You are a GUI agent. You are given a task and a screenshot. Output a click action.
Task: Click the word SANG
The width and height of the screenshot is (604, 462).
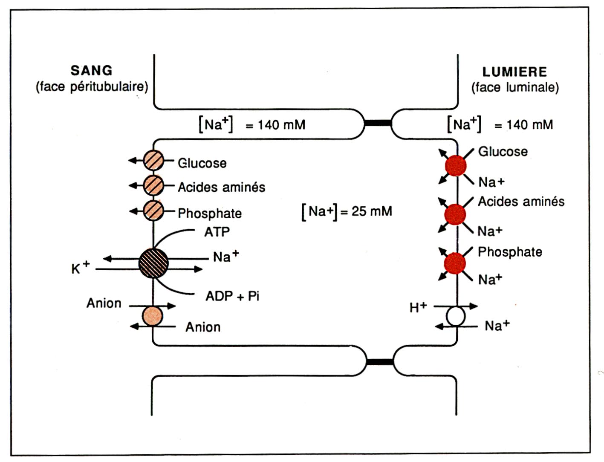[91, 70]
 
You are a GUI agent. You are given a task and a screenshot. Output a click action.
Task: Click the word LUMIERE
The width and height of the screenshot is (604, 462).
[514, 72]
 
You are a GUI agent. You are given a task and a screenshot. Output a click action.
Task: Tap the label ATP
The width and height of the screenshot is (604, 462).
[217, 232]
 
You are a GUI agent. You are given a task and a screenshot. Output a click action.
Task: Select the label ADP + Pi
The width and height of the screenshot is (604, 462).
[232, 296]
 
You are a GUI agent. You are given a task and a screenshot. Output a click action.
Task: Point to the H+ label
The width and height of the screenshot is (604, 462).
[418, 307]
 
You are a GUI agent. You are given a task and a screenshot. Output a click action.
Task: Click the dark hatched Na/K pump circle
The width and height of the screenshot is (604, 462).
[153, 263]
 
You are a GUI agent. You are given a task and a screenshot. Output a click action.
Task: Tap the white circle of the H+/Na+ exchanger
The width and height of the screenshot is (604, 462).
[456, 317]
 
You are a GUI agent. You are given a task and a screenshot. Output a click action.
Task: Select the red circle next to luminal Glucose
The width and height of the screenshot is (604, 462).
[456, 166]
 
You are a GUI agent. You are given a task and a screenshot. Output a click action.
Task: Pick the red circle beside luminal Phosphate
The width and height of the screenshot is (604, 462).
[455, 263]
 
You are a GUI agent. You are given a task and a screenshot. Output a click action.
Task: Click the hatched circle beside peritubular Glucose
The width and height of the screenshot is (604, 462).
[153, 161]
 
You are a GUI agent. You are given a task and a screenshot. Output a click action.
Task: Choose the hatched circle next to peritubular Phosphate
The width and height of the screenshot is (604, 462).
[153, 211]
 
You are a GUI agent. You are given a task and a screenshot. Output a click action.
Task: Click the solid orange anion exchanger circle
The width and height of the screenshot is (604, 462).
[152, 316]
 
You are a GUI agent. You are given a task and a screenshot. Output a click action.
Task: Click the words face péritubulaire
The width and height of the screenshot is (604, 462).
[92, 87]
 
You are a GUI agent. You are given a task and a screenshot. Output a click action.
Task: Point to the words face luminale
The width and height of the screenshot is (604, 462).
[515, 88]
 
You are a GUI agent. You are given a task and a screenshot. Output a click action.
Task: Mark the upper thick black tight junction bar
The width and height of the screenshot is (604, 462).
[378, 123]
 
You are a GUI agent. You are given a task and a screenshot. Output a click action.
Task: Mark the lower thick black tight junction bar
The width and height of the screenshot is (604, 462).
[379, 362]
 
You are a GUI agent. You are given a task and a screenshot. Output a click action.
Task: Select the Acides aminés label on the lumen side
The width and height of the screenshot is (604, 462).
[521, 202]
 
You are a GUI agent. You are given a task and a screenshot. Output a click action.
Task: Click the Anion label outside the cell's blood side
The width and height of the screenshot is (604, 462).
[104, 303]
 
